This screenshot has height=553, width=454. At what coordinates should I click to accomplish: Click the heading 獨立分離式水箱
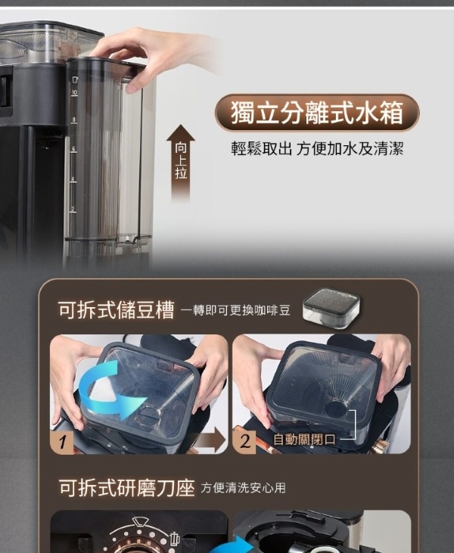316,113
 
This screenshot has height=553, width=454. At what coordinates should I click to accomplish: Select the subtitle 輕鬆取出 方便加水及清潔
317,148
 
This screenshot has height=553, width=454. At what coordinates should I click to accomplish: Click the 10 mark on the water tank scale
74,93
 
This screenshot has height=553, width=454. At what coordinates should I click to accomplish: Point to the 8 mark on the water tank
73,120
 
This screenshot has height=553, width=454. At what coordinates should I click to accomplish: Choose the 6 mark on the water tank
73,149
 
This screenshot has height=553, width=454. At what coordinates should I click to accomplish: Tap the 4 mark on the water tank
73,179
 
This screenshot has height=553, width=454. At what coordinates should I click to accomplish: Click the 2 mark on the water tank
73,209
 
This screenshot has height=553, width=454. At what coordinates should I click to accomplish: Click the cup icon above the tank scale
75,79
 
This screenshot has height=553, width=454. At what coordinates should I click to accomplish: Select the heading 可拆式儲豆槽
117,310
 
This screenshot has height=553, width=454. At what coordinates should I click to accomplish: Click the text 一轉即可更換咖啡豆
235,310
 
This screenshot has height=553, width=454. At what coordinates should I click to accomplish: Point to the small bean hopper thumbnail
331,309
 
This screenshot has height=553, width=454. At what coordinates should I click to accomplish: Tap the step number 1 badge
63,442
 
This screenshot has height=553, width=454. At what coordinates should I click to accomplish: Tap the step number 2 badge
244,442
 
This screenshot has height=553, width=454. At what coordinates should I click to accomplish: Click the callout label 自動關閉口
304,440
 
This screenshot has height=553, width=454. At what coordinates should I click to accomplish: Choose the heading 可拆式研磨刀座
126,488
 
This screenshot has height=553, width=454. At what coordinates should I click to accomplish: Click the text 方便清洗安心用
244,488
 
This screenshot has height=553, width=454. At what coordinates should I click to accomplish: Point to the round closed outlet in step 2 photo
335,408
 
